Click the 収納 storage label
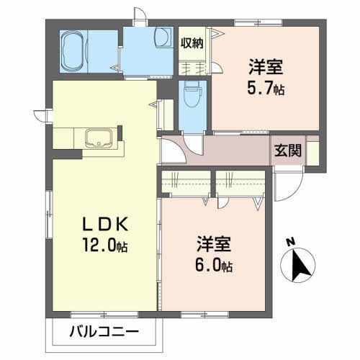pyautogui.click(x=192, y=42)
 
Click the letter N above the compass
pyautogui.click(x=289, y=243)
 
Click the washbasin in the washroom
pyautogui.click(x=161, y=37)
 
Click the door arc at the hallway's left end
pyautogui.click(x=171, y=151)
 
